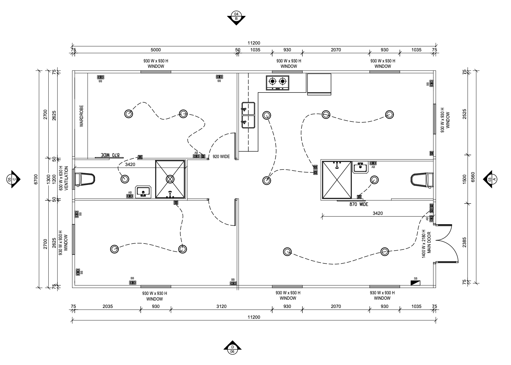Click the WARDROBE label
82,116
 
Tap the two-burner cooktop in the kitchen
277,83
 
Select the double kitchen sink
248,115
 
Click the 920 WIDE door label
221,156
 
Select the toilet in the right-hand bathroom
422,180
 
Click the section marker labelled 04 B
236,18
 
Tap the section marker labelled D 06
232,347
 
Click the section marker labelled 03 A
491,179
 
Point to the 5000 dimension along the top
155,50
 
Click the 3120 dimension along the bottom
221,306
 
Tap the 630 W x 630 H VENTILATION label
63,178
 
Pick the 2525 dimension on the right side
464,114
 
